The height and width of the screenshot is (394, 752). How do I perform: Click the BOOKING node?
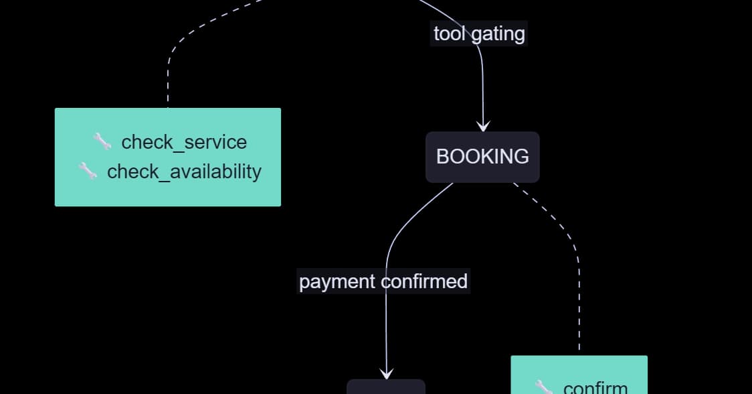pos(482,157)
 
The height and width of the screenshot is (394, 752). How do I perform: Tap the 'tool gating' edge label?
pos(479,34)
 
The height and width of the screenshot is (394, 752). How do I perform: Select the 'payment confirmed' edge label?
pos(383,281)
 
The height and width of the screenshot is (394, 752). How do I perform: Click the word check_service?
pos(184,142)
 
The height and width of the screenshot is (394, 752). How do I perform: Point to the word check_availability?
pos(184,172)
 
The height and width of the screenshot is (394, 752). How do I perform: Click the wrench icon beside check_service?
pos(102,141)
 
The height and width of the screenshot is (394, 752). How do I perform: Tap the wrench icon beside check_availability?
pos(88,171)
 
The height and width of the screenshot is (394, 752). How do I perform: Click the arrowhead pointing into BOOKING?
pos(483,127)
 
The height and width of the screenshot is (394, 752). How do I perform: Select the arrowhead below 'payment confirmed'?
pos(387,373)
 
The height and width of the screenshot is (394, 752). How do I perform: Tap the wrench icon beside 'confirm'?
pos(544,387)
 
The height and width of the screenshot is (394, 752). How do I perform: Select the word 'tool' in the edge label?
pos(450,34)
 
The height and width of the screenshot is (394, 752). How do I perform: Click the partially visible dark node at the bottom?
pos(386,387)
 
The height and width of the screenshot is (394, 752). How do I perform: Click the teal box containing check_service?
pos(168,157)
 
